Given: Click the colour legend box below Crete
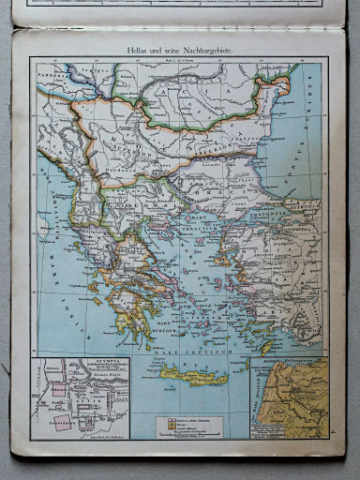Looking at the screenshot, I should click(x=192, y=425).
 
